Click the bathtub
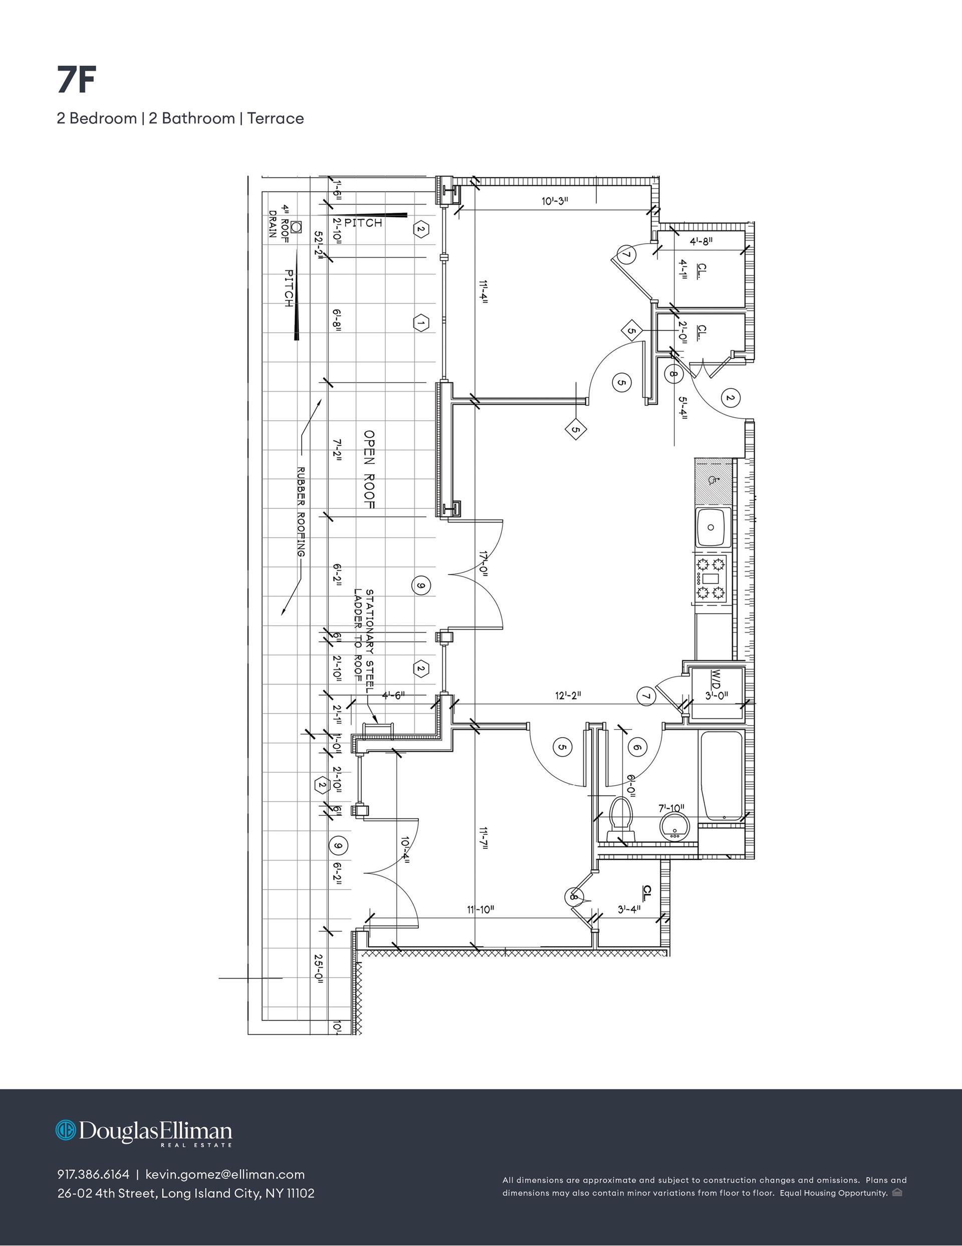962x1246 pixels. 722,777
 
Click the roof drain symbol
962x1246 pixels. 296,227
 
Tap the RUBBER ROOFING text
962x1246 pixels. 301,512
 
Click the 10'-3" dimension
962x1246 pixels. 555,201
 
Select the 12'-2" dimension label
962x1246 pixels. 568,695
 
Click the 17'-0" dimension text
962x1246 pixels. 484,564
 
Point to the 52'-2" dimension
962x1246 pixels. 319,245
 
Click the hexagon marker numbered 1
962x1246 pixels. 421,323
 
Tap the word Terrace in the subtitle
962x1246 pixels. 276,119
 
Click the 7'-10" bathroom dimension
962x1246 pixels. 671,808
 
